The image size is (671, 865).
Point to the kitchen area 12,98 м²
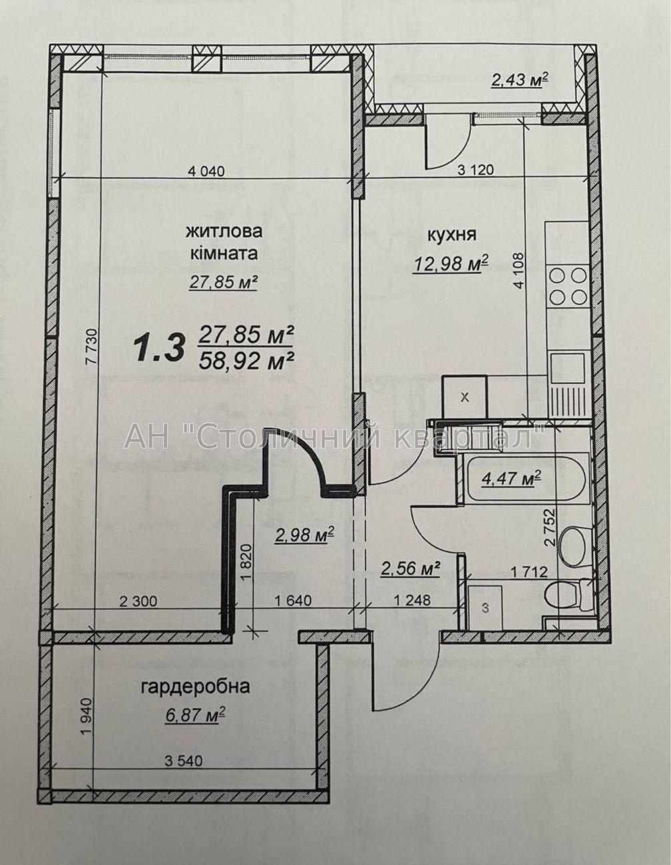(x=451, y=263)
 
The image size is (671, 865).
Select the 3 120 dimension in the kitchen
(x=475, y=170)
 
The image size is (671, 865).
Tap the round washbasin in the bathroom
(x=572, y=542)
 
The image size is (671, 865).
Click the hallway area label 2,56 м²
(x=410, y=569)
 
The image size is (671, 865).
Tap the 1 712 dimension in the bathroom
(x=529, y=572)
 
